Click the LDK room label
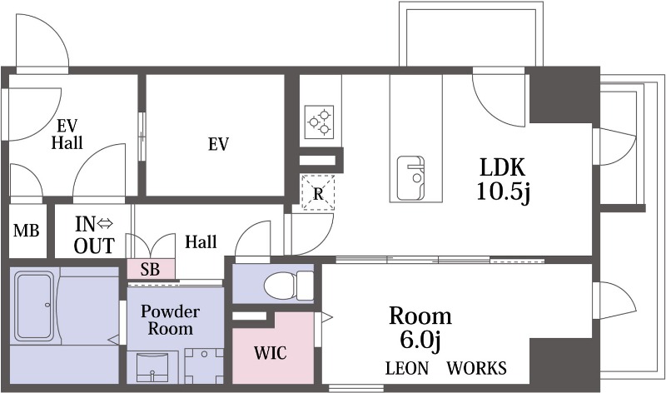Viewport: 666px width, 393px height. tap(503, 167)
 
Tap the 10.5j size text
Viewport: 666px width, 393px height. tap(504, 192)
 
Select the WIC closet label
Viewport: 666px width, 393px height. tap(270, 353)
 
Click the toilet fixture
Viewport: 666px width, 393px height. tap(288, 284)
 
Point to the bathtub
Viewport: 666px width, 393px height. tap(34, 306)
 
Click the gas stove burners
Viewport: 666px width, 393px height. tap(320, 122)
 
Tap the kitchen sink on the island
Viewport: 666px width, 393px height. tap(410, 178)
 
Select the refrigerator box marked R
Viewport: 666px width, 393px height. tap(318, 193)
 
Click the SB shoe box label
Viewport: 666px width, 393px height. tap(151, 269)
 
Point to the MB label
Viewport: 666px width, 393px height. tap(27, 231)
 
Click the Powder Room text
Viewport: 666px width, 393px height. tap(170, 320)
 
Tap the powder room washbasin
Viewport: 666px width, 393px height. tap(153, 367)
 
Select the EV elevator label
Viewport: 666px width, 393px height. tap(218, 144)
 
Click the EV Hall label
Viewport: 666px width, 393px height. tap(67, 134)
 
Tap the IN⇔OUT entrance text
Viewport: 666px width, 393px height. tap(94, 235)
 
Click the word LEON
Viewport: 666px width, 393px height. tap(407, 368)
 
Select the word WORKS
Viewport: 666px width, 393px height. tap(476, 368)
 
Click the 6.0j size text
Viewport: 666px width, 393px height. tap(420, 340)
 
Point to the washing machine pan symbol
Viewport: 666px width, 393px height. tap(204, 366)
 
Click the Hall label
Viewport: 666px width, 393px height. tap(201, 241)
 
